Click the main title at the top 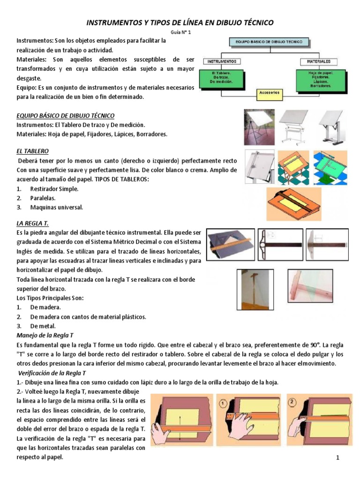coord(180,22)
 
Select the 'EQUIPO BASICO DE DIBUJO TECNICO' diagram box coord(269,42)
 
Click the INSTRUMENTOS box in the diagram coord(221,61)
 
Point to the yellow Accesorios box coord(269,93)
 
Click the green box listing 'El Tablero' coord(221,78)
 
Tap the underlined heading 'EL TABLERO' coord(32,151)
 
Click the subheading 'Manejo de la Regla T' coord(45,336)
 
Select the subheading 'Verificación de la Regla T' coord(52,373)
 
